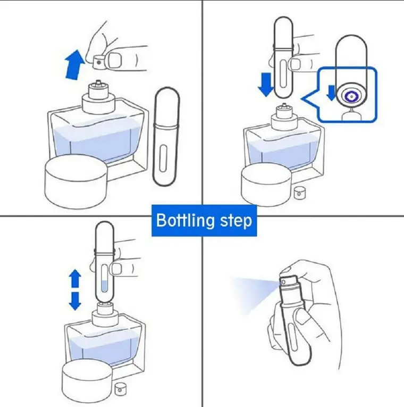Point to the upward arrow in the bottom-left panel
[x=75, y=278]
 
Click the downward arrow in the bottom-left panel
[x=75, y=301]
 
